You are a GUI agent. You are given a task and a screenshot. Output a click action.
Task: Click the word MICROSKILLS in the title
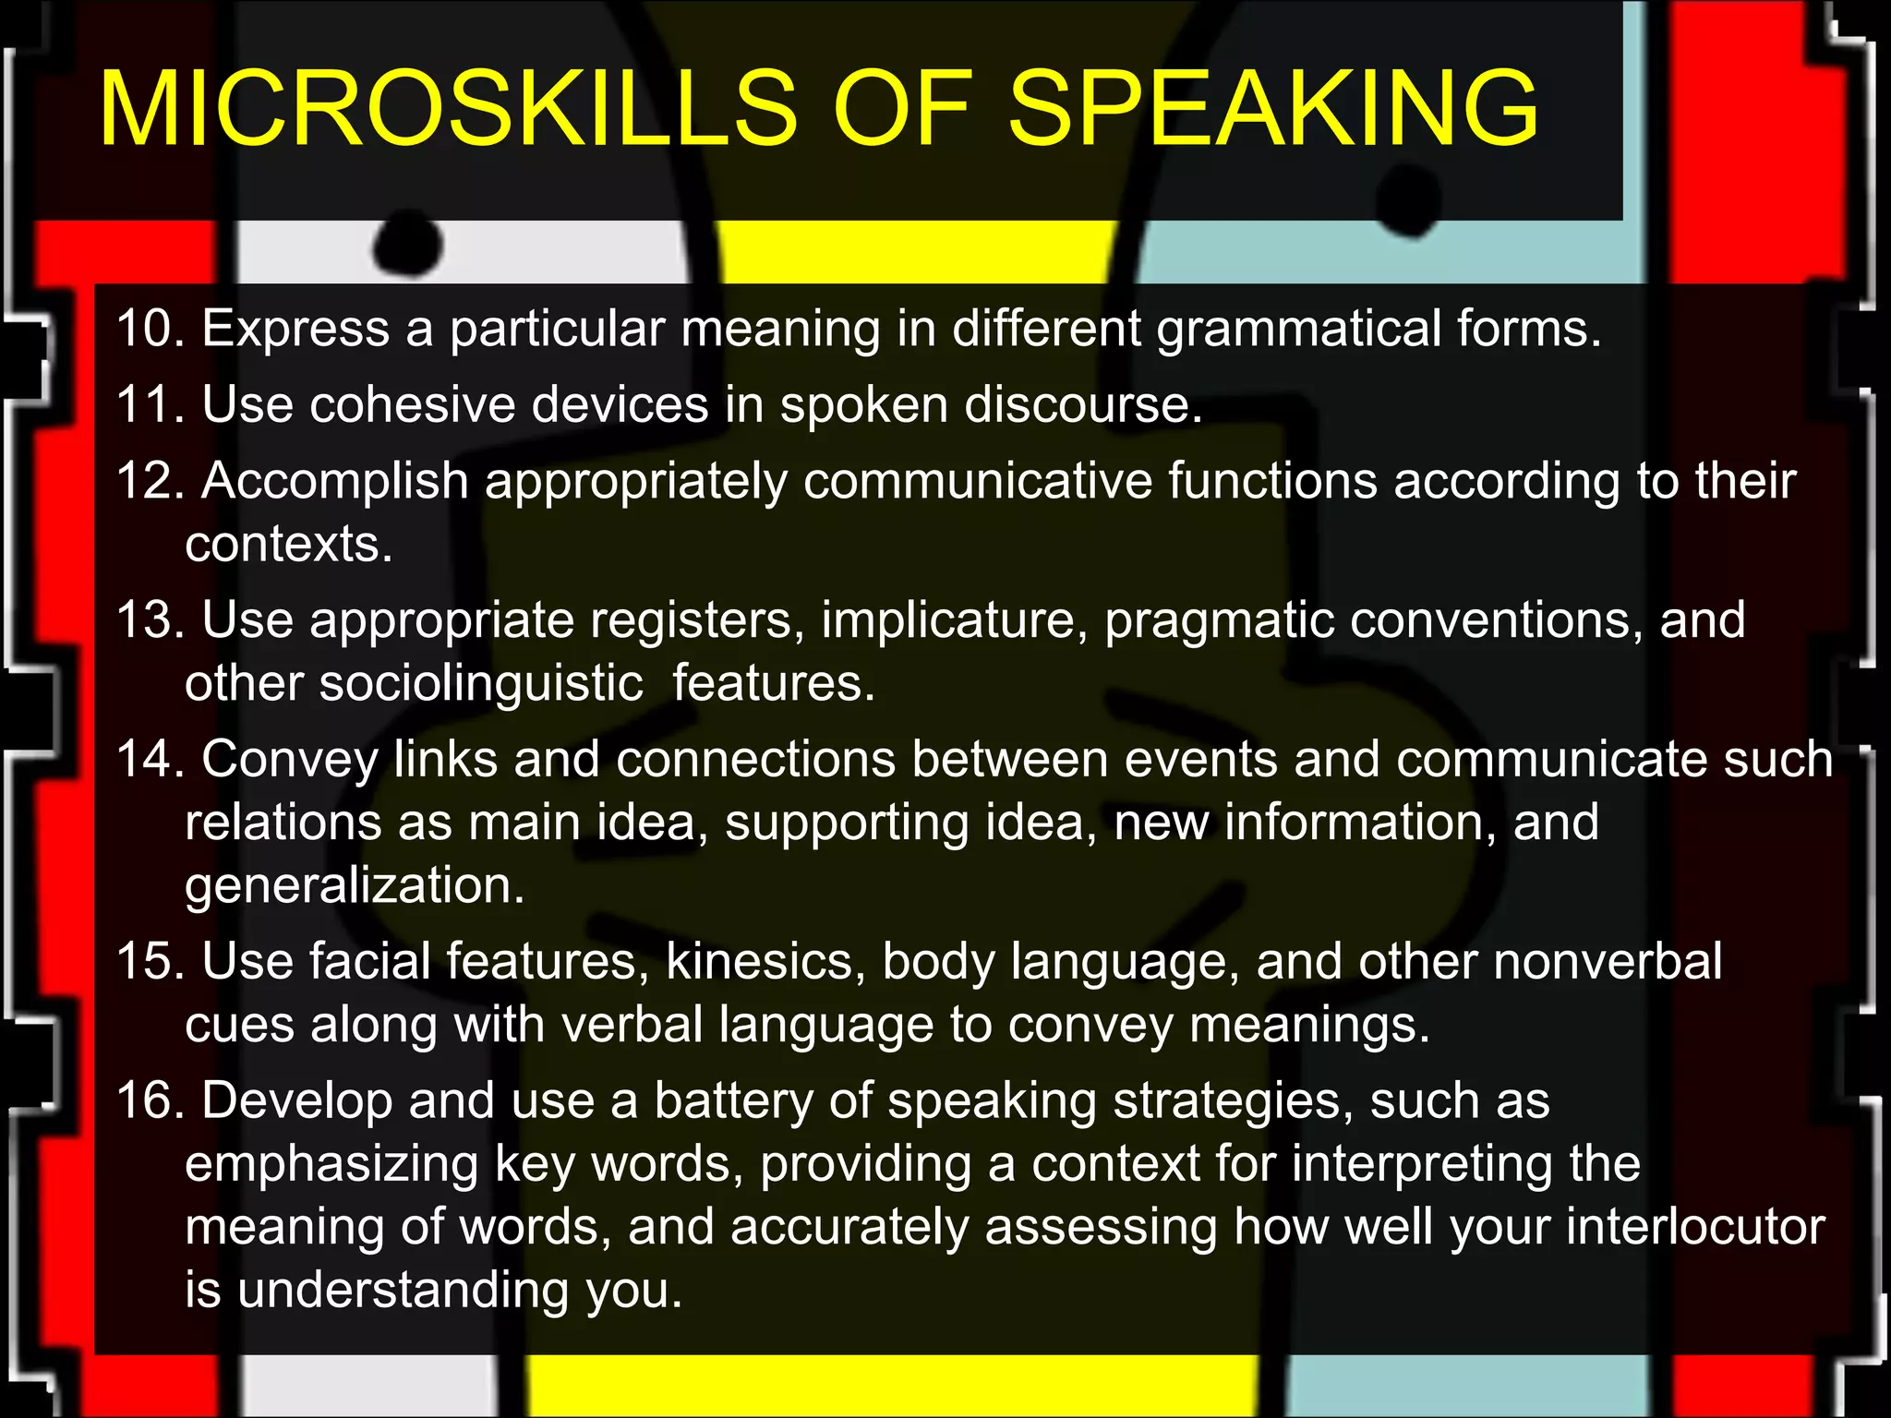click(448, 109)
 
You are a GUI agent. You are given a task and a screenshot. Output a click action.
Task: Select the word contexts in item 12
click(288, 544)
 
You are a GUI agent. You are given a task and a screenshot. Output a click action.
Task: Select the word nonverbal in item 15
click(1607, 962)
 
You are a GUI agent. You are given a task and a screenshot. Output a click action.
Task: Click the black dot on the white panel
click(408, 244)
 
